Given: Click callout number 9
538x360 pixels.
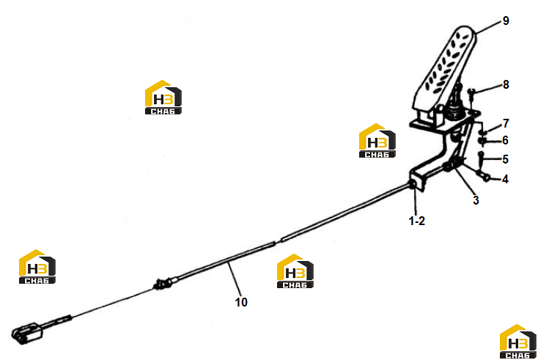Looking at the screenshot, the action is (506, 21).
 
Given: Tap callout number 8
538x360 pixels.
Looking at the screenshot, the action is (506, 85).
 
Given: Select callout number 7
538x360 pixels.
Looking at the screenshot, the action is (506, 124).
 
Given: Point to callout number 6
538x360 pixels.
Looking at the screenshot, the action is (505, 140).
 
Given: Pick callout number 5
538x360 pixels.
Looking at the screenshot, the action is (505, 159).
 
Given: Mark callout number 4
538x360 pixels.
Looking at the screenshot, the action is (505, 179).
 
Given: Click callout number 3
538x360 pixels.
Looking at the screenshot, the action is (476, 200).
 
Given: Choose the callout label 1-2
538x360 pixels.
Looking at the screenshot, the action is (417, 221).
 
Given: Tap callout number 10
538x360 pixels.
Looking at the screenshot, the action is (241, 302).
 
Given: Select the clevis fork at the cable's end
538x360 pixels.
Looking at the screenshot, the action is (26, 334).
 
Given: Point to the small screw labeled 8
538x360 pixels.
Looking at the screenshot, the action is (471, 94).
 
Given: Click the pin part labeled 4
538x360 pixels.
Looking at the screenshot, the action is (483, 177).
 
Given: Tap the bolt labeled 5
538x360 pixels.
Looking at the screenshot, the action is (481, 158).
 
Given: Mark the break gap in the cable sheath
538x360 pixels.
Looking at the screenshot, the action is (279, 242).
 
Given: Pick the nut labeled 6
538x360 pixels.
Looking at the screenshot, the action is (482, 140).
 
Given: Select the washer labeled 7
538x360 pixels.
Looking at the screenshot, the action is (483, 133).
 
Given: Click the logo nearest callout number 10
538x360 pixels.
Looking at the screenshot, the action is (295, 271).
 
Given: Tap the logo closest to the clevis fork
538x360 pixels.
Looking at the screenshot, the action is (37, 267).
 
